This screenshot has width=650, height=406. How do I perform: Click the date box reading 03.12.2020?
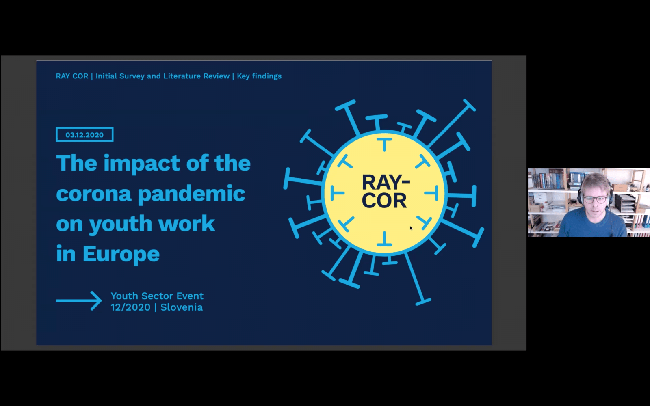point(84,134)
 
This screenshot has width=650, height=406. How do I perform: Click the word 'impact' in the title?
point(142,164)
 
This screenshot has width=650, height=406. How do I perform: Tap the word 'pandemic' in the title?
point(191,194)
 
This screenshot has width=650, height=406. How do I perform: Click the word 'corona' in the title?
point(94,194)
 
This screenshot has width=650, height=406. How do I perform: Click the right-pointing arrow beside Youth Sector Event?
point(79,301)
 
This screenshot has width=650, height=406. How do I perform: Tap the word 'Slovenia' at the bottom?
point(182,307)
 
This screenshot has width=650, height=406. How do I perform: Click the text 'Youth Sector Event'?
point(157,296)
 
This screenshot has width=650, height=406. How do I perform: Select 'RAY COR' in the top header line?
point(72,76)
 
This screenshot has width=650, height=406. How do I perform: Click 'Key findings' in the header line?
point(259,76)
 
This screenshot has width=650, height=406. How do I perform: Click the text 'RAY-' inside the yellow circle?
point(386,182)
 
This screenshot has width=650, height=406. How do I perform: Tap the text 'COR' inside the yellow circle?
point(384,200)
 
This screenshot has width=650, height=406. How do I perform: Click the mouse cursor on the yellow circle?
point(411,228)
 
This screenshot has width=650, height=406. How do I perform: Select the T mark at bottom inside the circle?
point(384,239)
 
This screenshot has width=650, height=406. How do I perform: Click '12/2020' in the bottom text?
point(130,307)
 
